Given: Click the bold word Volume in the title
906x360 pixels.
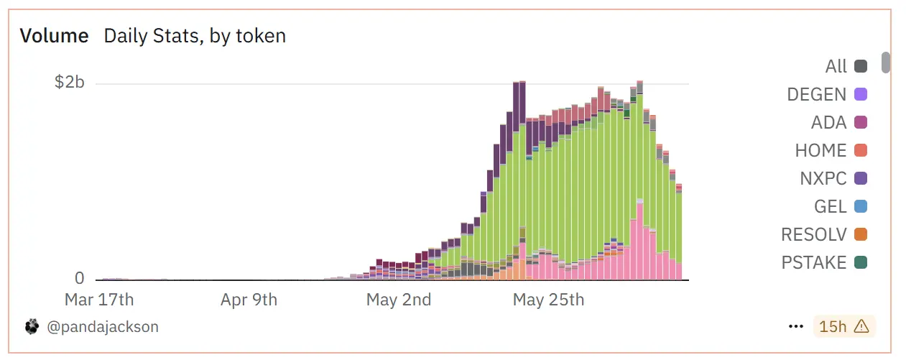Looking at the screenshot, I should coord(54,36).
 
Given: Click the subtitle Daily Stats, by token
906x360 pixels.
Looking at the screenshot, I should coord(195,36).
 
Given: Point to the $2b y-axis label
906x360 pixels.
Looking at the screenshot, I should coord(70,83).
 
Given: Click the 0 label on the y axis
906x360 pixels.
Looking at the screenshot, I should coord(79,279).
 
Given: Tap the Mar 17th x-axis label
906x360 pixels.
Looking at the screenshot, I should coord(99,300).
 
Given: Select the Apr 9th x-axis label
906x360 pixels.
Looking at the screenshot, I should coord(249,300).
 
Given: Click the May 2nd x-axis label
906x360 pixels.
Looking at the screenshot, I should coord(399,300).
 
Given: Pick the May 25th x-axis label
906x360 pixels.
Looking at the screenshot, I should coord(548,300).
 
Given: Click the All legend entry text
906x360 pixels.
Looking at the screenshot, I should coord(836,67).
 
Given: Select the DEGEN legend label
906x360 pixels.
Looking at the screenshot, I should coord(817,94).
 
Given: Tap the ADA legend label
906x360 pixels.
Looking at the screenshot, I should coord(829,123).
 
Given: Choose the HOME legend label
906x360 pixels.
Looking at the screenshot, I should coord(821,151).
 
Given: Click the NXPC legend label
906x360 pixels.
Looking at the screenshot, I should coord(823,178).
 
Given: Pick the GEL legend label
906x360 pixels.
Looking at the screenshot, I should coord(831,206).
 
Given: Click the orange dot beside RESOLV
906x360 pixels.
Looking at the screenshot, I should coord(861,234).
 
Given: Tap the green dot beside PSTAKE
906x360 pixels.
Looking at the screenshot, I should coord(861,262).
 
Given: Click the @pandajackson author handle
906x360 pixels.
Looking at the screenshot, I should coord(103,327).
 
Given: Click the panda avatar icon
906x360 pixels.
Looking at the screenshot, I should coord(32,327).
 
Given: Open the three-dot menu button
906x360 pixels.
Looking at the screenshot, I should coord(795,326).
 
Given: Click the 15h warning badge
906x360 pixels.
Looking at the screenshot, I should coord(844,326).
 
